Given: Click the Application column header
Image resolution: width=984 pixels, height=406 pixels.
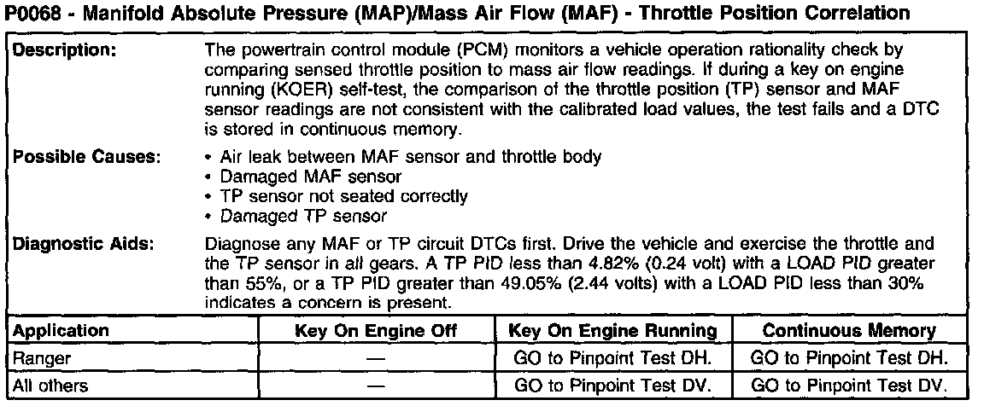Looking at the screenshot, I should point(61,331).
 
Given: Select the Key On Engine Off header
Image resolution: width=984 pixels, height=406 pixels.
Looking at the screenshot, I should point(376,331).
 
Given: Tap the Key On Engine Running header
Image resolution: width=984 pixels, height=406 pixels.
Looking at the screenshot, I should point(612,331).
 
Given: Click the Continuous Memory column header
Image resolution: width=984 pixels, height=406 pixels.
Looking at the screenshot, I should point(848,331).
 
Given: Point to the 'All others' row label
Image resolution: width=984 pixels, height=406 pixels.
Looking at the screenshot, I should point(50,386).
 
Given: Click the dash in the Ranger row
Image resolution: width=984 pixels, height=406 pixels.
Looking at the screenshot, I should point(376,359).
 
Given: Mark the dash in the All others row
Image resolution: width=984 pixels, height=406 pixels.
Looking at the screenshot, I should point(376,386).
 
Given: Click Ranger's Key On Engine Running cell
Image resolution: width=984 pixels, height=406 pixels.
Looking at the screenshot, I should point(612,359).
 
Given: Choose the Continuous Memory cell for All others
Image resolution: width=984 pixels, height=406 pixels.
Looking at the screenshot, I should point(848,386).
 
